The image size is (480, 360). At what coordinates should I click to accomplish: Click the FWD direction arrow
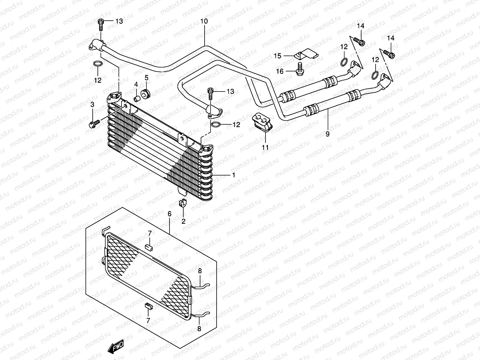[116, 347]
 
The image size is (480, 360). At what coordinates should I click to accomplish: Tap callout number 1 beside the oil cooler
[233, 175]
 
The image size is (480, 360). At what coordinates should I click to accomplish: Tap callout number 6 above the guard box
[169, 214]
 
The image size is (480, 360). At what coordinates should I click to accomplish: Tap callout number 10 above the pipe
[204, 22]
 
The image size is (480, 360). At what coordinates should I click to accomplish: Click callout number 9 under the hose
[327, 134]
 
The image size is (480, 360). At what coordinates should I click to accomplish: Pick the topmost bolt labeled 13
[101, 24]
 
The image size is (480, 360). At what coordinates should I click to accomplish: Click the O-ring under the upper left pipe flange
[98, 64]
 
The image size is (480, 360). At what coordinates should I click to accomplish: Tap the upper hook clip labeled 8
[202, 286]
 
